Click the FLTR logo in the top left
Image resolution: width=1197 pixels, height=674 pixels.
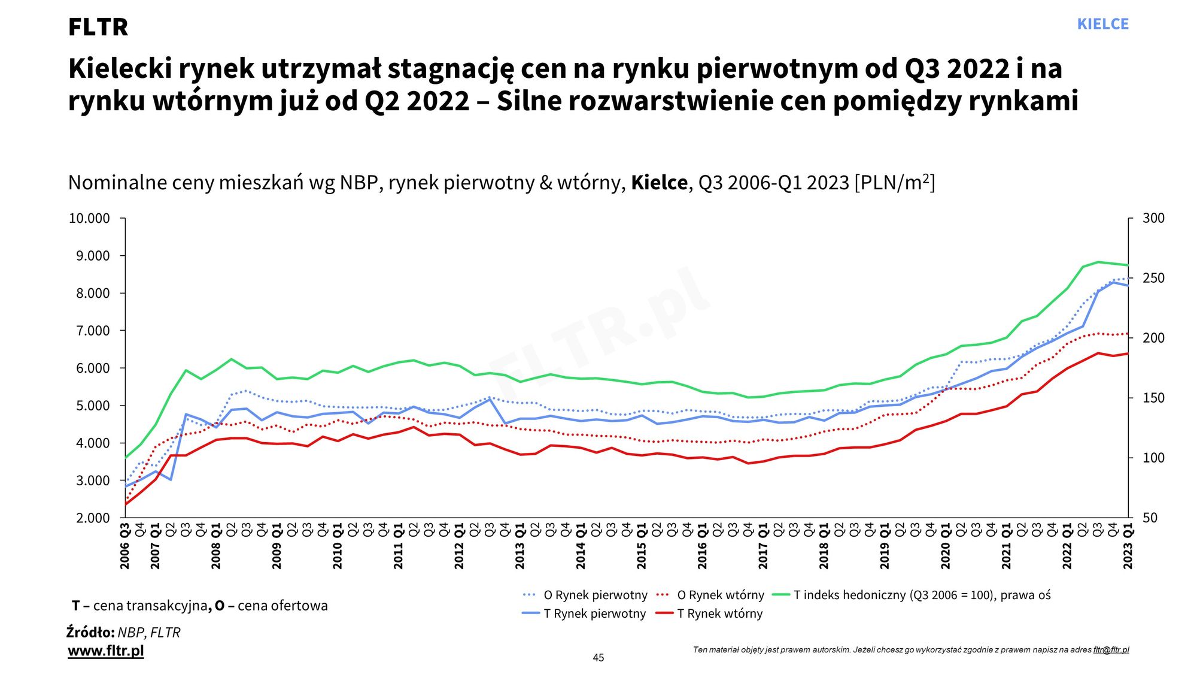click(98, 27)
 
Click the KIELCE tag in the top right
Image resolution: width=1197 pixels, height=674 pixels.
click(1102, 24)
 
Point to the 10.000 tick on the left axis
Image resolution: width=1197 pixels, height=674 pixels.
click(89, 219)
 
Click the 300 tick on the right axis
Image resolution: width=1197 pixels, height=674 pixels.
click(1153, 218)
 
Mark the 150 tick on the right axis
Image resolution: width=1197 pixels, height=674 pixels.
click(1153, 398)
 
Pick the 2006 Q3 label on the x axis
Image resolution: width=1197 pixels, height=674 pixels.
click(125, 546)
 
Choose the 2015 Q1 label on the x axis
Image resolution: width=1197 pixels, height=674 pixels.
click(642, 546)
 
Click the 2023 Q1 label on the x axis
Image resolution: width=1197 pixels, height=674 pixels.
click(1128, 546)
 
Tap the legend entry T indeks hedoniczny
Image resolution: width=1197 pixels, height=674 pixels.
click(922, 595)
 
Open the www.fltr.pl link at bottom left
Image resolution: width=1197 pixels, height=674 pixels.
click(106, 651)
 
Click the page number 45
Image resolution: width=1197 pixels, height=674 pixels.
click(598, 658)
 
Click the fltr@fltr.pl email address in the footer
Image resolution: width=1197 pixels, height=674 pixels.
click(1111, 650)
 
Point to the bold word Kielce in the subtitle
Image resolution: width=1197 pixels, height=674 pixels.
click(659, 182)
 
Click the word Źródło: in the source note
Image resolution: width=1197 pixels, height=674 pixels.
click(90, 632)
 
